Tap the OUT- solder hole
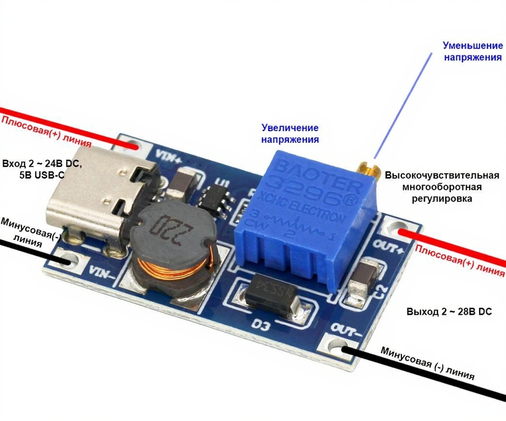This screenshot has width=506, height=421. click(x=341, y=347)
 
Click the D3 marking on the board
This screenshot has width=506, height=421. click(x=264, y=325)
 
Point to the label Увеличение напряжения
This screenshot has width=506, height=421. click(x=290, y=134)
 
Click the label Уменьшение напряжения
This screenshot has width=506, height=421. click(x=472, y=51)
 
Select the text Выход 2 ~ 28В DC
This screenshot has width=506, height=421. click(x=449, y=312)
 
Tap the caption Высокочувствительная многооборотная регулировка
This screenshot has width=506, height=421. click(x=442, y=187)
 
